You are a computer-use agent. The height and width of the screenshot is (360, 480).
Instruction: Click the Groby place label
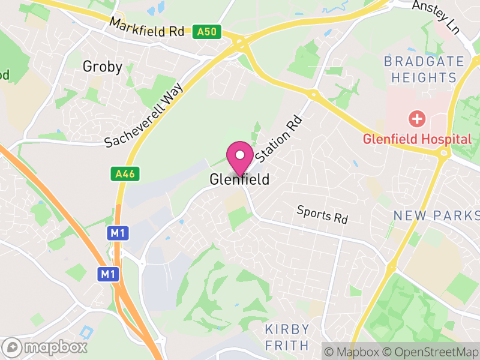pos(102,67)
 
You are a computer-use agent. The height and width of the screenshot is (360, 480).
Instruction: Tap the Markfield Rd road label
pos(147,29)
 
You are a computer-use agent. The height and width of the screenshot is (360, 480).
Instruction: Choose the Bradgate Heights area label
pos(424,70)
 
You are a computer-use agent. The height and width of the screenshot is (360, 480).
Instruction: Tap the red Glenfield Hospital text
pos(416,139)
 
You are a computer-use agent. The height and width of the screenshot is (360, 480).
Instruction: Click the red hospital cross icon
pos(415,118)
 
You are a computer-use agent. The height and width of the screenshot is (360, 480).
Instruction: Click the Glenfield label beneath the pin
pos(239,179)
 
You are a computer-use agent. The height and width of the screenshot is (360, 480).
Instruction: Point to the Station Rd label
pos(278,139)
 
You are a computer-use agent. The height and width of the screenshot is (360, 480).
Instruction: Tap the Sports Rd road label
pos(322,214)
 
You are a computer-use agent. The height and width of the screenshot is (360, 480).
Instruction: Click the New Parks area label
pos(436,215)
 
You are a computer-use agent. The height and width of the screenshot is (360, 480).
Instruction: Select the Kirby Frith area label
pos(287,337)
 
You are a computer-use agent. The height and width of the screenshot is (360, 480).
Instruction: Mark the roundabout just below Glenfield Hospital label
pos(445,153)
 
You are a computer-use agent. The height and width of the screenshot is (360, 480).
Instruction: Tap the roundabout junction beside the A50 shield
pos(241,43)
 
